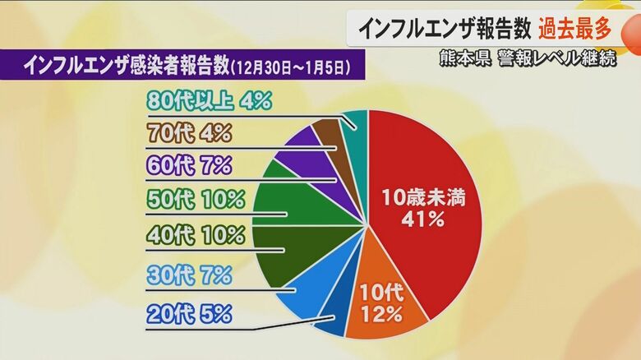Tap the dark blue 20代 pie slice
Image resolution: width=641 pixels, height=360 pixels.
[x=331, y=321]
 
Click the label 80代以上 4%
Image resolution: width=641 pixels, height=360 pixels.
[x=210, y=100]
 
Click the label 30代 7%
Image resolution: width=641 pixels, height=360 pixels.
[x=189, y=275]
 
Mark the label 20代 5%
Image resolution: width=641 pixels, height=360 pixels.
[x=189, y=313]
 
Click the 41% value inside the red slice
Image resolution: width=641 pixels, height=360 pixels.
[x=422, y=219]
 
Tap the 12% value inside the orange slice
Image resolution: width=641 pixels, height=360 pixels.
[x=380, y=313]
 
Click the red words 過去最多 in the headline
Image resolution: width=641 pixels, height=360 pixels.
[x=575, y=29]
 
